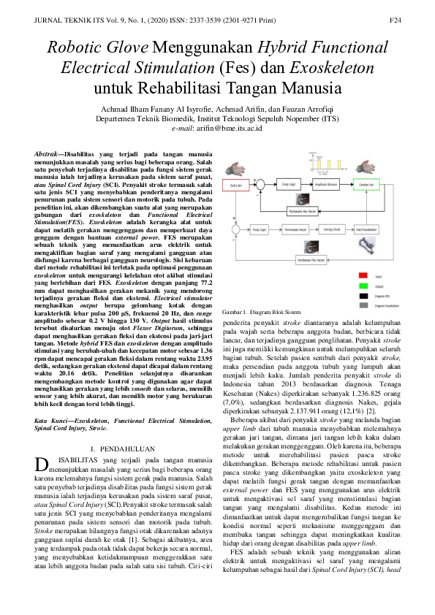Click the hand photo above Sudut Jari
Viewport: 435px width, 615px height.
click(x=237, y=168)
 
